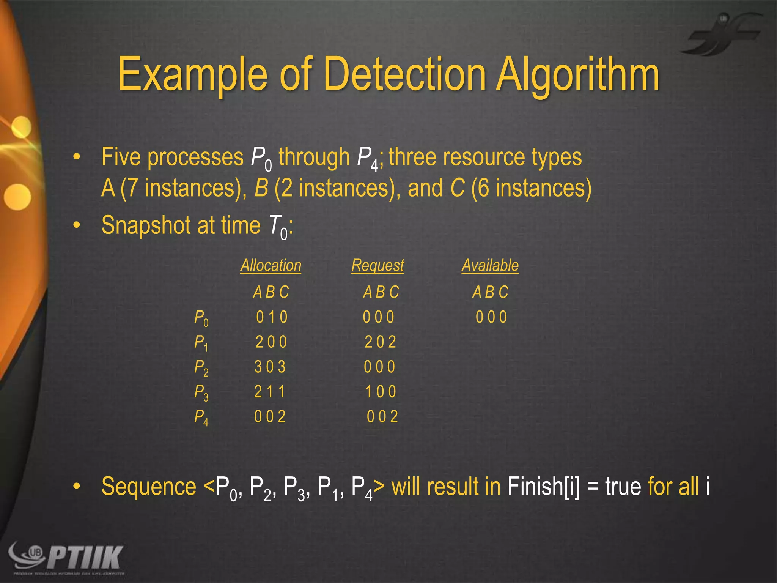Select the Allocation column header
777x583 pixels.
271,265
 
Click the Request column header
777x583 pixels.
377,266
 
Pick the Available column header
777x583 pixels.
490,265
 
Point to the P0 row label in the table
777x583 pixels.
201,318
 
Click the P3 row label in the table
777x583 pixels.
201,392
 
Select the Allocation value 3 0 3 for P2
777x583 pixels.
270,367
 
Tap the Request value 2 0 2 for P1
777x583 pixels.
380,342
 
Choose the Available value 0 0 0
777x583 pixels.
491,317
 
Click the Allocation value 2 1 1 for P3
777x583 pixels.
270,392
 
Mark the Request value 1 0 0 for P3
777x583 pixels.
381,392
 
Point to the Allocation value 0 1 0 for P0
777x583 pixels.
272,317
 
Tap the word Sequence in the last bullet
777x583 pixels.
149,487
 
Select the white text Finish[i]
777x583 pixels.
543,487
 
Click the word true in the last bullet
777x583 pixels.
623,487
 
